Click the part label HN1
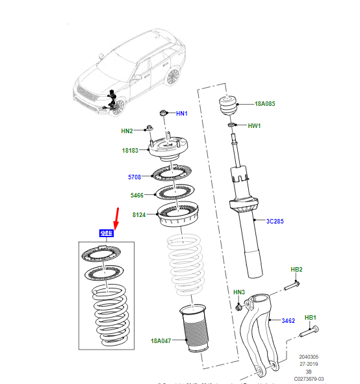181,114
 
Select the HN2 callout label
126,131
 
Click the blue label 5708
134,176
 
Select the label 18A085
265,103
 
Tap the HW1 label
254,125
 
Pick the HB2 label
296,269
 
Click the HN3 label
238,293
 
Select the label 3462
289,321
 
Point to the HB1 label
311,317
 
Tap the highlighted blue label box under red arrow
106,233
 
